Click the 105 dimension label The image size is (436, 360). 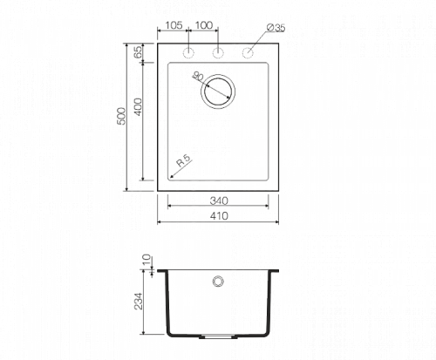[x=174, y=25]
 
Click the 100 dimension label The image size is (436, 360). [x=204, y=25]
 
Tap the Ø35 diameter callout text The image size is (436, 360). [x=276, y=28]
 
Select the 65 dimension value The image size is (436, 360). [x=139, y=51]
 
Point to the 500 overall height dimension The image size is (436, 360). [x=121, y=116]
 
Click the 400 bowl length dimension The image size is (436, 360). [x=139, y=107]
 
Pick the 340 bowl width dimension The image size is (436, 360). [x=219, y=200]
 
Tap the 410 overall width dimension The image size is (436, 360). [x=219, y=216]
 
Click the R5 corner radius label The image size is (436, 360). [x=183, y=160]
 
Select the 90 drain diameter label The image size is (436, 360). [x=198, y=77]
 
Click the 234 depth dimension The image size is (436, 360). [x=139, y=301]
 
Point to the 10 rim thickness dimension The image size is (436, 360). [x=147, y=260]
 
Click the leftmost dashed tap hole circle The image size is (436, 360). [x=188, y=53]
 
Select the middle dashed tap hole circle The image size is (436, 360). [x=218, y=53]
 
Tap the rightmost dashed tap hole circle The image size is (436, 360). [x=248, y=53]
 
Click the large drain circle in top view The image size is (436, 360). [x=218, y=74]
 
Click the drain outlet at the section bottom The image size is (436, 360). [x=218, y=336]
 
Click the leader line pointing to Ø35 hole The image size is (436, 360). [x=257, y=41]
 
